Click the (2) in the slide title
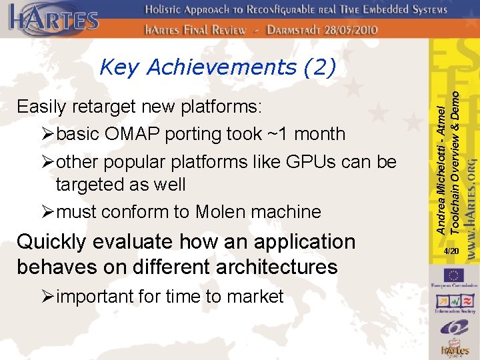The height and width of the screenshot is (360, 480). coord(319,67)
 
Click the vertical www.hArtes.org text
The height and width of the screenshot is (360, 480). coord(470,207)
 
